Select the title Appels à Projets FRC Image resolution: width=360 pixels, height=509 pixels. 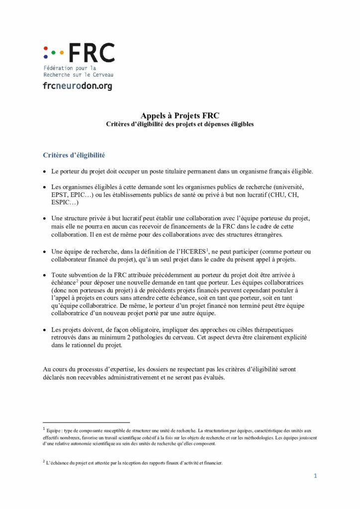(x=180, y=115)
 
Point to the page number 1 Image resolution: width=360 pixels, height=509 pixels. (x=315, y=476)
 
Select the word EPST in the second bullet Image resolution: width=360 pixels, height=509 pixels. (x=61, y=195)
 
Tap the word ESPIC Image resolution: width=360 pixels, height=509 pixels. (x=63, y=203)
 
